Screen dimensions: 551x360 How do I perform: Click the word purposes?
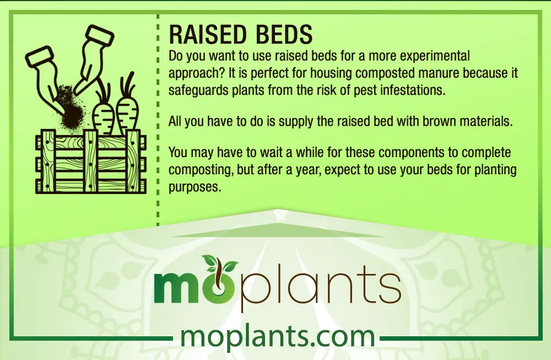click(195, 187)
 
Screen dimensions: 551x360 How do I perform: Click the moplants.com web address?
click(278, 336)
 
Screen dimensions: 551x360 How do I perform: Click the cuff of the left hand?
click(39, 57)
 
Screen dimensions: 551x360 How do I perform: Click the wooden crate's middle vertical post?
click(90, 161)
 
